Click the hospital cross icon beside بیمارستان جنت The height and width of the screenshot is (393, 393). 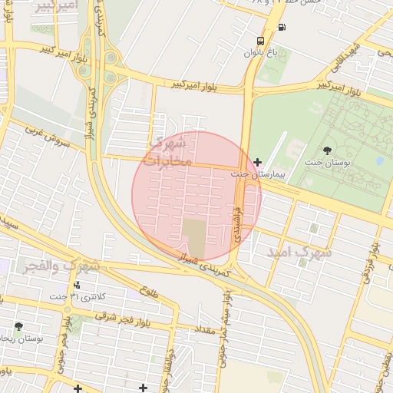pos(257,162)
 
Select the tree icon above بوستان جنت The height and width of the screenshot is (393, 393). pos(329,151)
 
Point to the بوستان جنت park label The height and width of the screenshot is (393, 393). pos(329,163)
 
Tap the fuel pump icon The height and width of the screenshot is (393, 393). pos(282,28)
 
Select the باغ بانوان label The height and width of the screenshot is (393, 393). pos(258,53)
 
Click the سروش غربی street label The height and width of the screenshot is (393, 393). pos(47,137)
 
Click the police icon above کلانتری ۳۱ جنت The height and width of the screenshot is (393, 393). pos(74,285)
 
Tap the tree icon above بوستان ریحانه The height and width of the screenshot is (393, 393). pos(18,326)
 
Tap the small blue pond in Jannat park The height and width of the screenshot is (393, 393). pos(379,162)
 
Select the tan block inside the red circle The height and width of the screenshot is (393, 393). pos(194,238)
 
